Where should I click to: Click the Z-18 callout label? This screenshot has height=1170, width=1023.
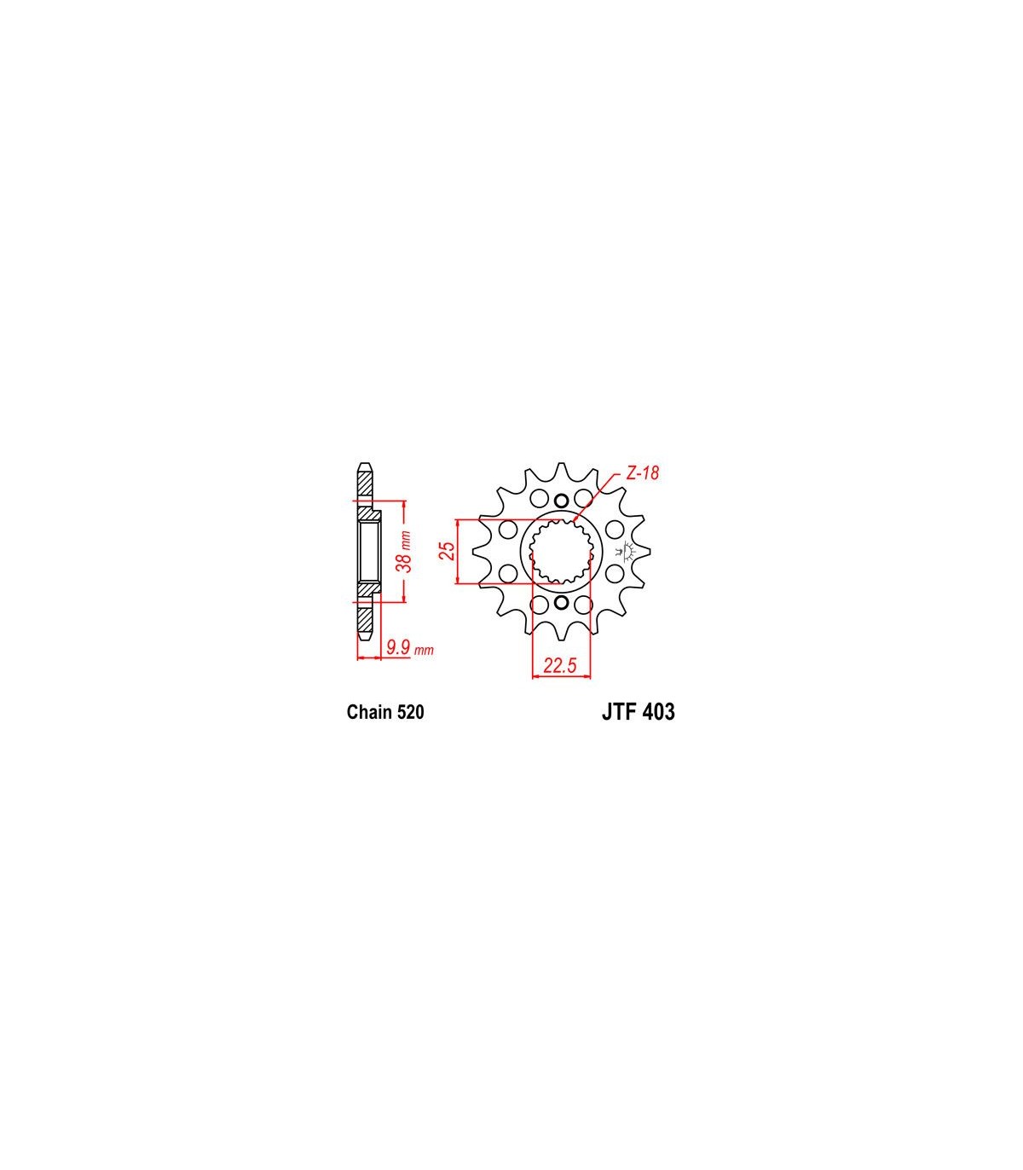point(643,473)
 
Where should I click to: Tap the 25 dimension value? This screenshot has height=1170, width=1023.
point(448,550)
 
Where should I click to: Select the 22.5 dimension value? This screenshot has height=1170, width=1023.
point(560,665)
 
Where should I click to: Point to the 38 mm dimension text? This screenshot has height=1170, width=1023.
point(405,551)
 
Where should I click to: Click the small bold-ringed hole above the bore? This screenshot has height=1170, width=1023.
point(561,501)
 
